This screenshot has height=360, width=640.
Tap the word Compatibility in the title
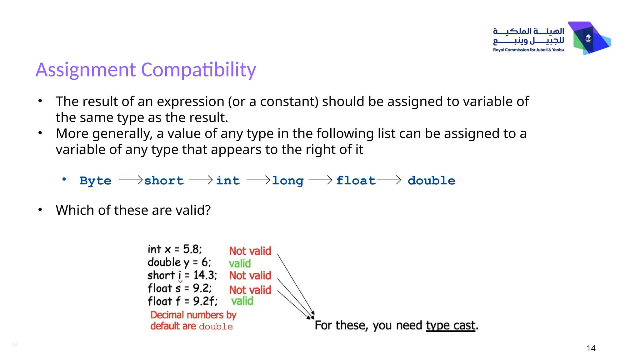click(x=198, y=70)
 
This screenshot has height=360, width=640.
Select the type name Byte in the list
click(x=95, y=181)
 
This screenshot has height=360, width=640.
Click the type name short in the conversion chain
click(x=164, y=181)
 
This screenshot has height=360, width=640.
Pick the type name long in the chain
click(x=287, y=181)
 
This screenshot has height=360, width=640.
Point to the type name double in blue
click(x=431, y=181)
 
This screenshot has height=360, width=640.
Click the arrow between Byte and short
click(x=131, y=180)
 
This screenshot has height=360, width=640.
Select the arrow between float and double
click(x=389, y=180)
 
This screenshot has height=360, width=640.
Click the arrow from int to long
click(x=258, y=180)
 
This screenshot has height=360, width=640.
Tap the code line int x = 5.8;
click(x=175, y=249)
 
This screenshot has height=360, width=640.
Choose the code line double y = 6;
click(x=179, y=262)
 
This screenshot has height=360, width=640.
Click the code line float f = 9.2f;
click(x=182, y=301)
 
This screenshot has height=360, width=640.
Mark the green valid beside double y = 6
click(x=240, y=263)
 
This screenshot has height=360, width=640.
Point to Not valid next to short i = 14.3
click(x=250, y=276)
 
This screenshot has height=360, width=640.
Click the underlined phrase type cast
click(x=450, y=326)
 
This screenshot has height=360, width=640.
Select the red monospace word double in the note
click(x=216, y=327)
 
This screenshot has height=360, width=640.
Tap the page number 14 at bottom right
click(x=591, y=348)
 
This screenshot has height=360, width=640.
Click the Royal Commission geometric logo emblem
click(x=589, y=38)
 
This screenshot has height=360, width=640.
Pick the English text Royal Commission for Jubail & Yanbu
click(x=528, y=50)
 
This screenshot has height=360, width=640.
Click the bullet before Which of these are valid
click(x=40, y=210)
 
